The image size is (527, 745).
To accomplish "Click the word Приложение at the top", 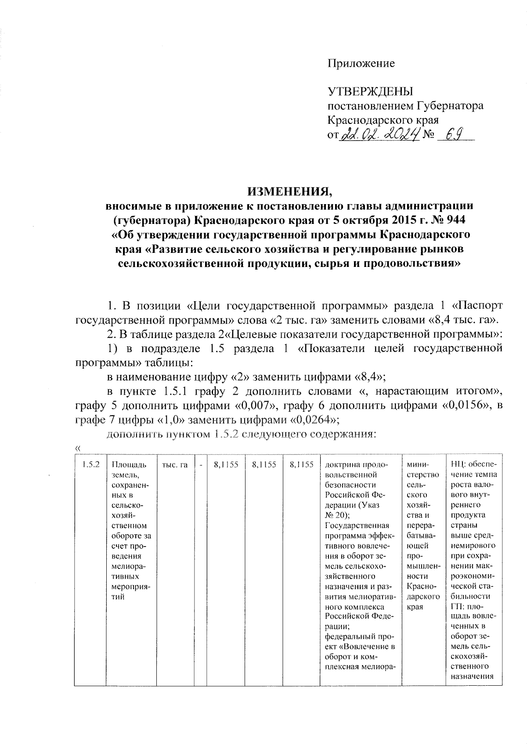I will (361, 63).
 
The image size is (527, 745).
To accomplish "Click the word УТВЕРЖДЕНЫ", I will (371, 92).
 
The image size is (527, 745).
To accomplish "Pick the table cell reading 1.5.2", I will (90, 464).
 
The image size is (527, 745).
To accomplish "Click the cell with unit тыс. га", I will (175, 464).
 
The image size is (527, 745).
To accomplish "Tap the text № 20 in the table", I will (336, 515).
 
